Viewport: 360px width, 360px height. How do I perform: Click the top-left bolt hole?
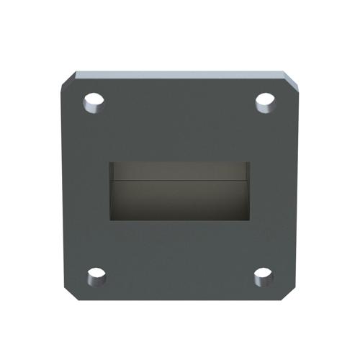click(94, 103)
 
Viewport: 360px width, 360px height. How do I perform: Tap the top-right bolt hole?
click(265, 102)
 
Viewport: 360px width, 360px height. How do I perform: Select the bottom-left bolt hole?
click(96, 276)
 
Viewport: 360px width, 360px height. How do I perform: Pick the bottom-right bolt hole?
click(264, 276)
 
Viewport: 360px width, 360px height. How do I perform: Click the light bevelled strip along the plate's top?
click(180, 74)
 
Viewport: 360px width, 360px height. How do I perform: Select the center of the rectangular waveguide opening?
click(179, 191)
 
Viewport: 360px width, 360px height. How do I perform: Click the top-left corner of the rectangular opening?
click(110, 162)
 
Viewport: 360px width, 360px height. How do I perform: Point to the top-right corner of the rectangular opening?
click(249, 162)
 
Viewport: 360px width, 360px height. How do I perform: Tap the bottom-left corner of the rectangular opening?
click(110, 220)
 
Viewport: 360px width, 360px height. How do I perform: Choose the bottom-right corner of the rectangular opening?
click(249, 220)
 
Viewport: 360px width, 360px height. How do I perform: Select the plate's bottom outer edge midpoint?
click(180, 300)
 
